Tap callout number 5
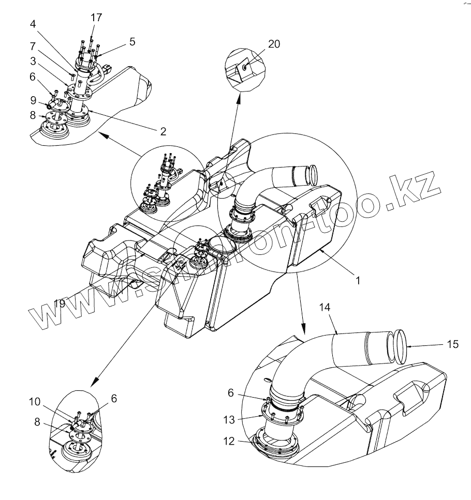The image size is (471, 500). pyautogui.click(x=133, y=42)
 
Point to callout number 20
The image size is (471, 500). pyautogui.click(x=274, y=44)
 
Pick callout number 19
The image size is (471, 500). pyautogui.click(x=60, y=304)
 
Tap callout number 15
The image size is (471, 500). pyautogui.click(x=452, y=344)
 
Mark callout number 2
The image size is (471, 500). pyautogui.click(x=163, y=131)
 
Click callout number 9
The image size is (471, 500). pyautogui.click(x=33, y=99)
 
